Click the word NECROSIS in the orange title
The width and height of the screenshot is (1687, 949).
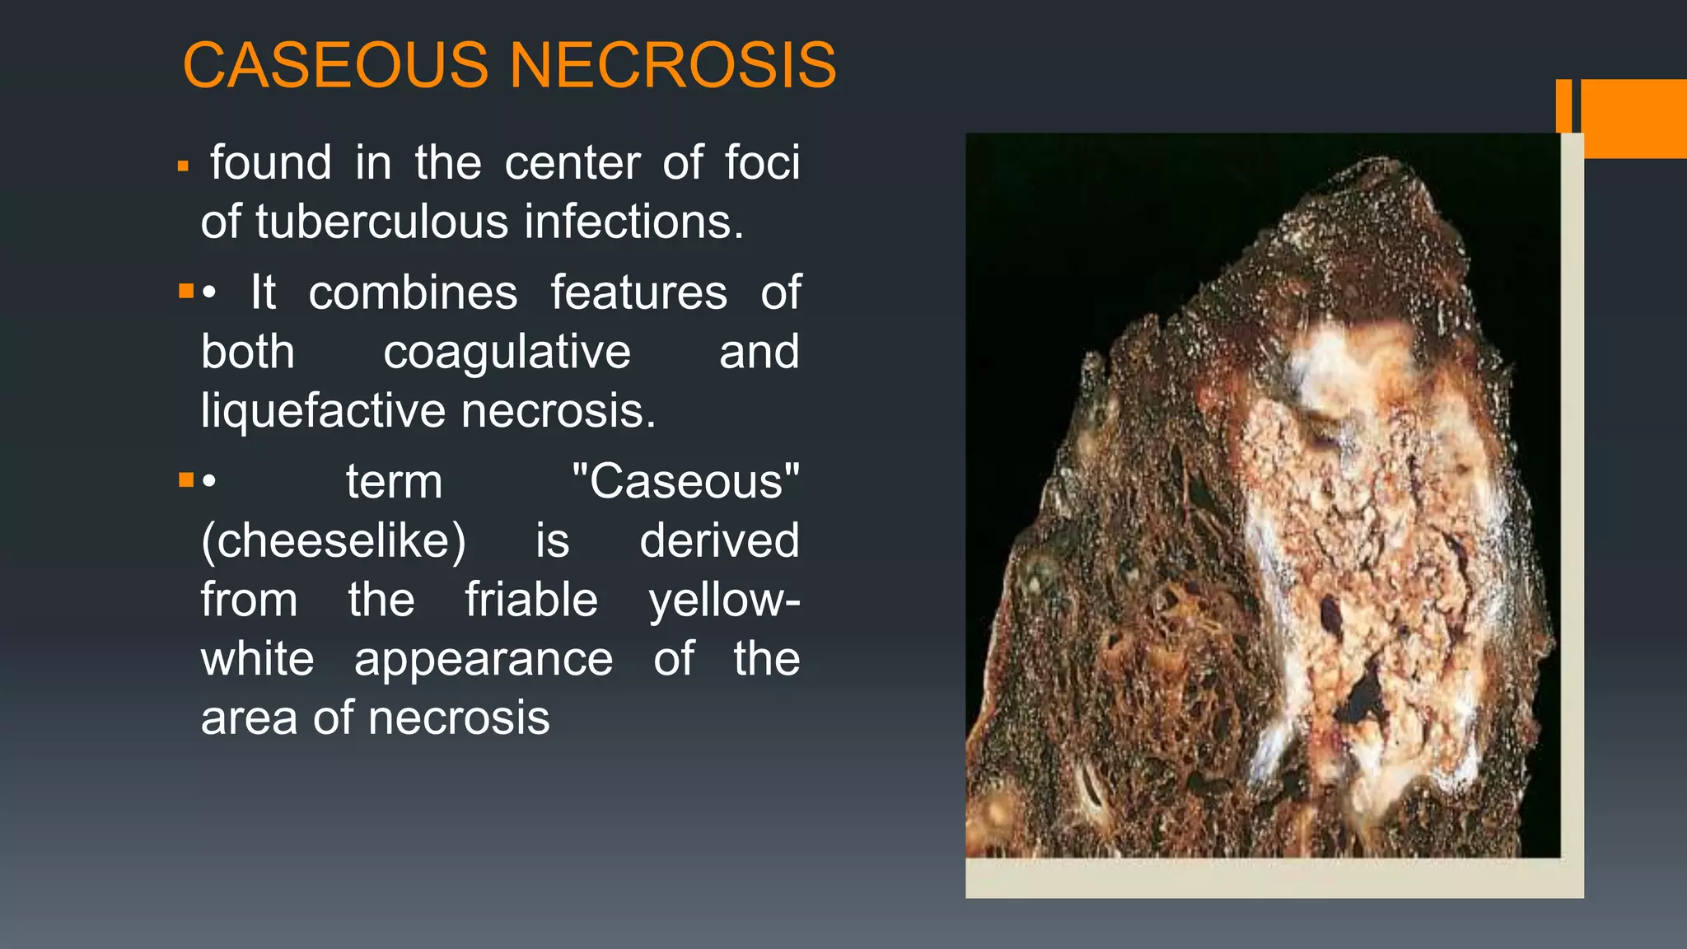tap(673, 65)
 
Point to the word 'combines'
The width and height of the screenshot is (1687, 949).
tap(413, 292)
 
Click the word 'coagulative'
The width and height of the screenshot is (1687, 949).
tap(507, 352)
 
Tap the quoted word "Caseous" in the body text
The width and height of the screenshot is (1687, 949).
tap(685, 481)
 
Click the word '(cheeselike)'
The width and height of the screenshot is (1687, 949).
tap(334, 540)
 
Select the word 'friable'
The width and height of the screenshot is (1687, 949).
tap(531, 600)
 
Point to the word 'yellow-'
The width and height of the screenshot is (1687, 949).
tap(724, 600)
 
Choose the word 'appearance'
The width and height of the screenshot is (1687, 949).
tap(484, 659)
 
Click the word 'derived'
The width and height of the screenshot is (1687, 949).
tap(719, 540)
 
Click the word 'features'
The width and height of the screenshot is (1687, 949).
tap(639, 292)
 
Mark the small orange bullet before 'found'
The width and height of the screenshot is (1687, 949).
tap(184, 167)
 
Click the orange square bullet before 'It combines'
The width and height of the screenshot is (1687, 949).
tap(186, 291)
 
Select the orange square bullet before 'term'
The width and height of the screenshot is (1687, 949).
tap(186, 479)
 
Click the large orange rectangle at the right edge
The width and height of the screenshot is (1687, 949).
tap(1633, 118)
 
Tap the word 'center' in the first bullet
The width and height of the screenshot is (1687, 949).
tap(572, 162)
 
